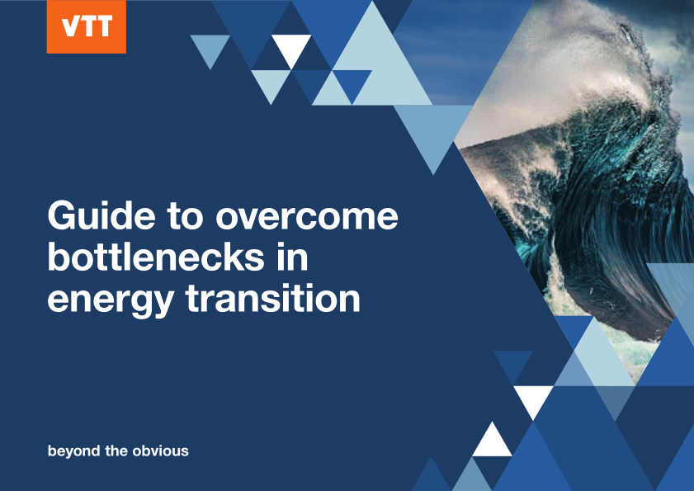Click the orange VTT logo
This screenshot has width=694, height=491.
[x=87, y=26]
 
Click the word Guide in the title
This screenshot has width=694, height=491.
[x=102, y=215]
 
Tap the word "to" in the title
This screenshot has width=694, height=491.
[x=186, y=216]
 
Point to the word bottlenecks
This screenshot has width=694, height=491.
[x=156, y=257]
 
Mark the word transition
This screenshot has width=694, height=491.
[x=272, y=298]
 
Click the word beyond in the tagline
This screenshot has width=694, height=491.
[x=74, y=451]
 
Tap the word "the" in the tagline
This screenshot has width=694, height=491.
[x=117, y=451]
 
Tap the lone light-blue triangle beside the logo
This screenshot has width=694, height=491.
[x=210, y=48]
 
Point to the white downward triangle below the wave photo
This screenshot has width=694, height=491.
[x=533, y=398]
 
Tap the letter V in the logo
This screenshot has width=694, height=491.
[x=70, y=26]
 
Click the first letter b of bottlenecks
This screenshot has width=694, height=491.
[x=59, y=257]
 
